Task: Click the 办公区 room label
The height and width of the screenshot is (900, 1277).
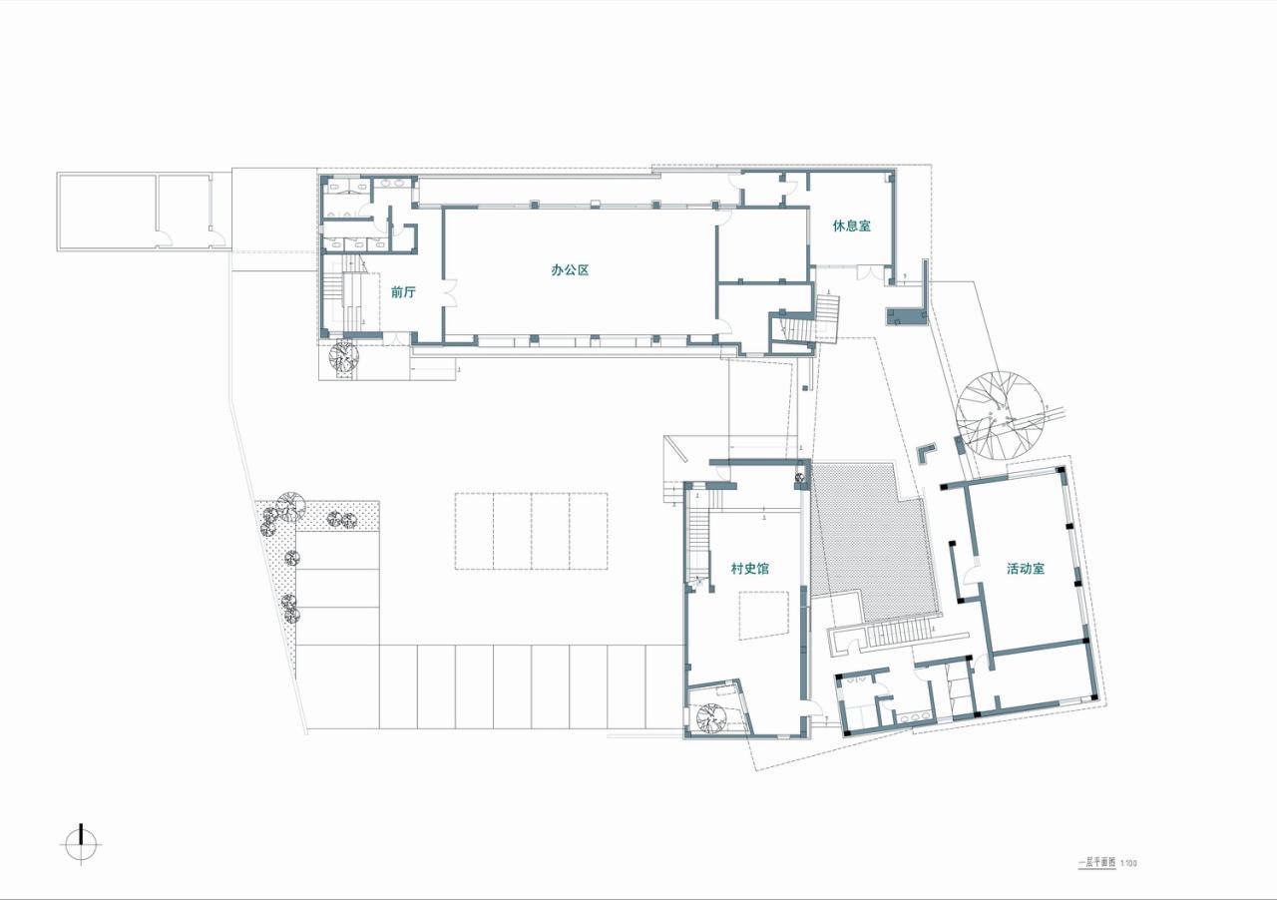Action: [x=570, y=269]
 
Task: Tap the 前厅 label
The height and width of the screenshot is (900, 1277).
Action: [x=403, y=292]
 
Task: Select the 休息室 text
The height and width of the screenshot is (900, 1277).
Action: [x=852, y=225]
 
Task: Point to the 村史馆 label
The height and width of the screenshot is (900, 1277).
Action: [x=749, y=569]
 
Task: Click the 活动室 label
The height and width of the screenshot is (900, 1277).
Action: [x=1026, y=569]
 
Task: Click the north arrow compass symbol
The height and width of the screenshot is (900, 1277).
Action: [x=81, y=844]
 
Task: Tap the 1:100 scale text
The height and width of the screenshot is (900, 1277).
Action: [x=1128, y=863]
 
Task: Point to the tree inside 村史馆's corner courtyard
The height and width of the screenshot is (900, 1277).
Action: [x=714, y=718]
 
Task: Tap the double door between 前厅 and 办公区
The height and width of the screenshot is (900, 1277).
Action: [x=449, y=292]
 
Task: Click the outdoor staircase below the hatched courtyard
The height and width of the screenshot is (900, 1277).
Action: [x=897, y=635]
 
